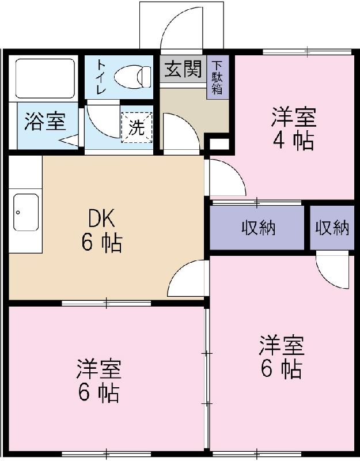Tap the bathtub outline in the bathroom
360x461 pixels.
point(45,78)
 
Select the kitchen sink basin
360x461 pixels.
point(26,212)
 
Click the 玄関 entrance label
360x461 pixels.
point(183,69)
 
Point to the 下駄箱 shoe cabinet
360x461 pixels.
point(218,77)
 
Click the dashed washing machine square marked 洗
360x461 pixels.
point(137,127)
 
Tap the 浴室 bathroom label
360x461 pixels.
point(45,121)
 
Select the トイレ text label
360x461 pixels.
point(101,77)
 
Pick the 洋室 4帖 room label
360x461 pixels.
point(293,129)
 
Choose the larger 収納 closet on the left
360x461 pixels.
point(257,228)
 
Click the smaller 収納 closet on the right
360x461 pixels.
point(332,228)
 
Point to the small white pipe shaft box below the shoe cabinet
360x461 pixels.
point(218,144)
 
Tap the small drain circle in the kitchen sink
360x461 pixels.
point(18,212)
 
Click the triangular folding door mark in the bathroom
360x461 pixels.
point(69,139)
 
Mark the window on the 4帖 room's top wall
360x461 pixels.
point(307,52)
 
